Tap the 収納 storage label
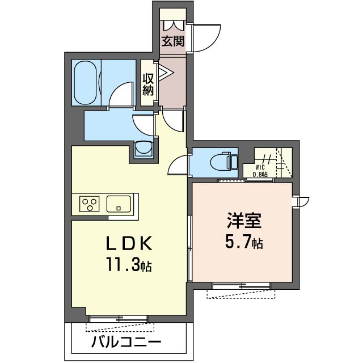pos(148,85)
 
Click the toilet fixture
pos(223,162)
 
